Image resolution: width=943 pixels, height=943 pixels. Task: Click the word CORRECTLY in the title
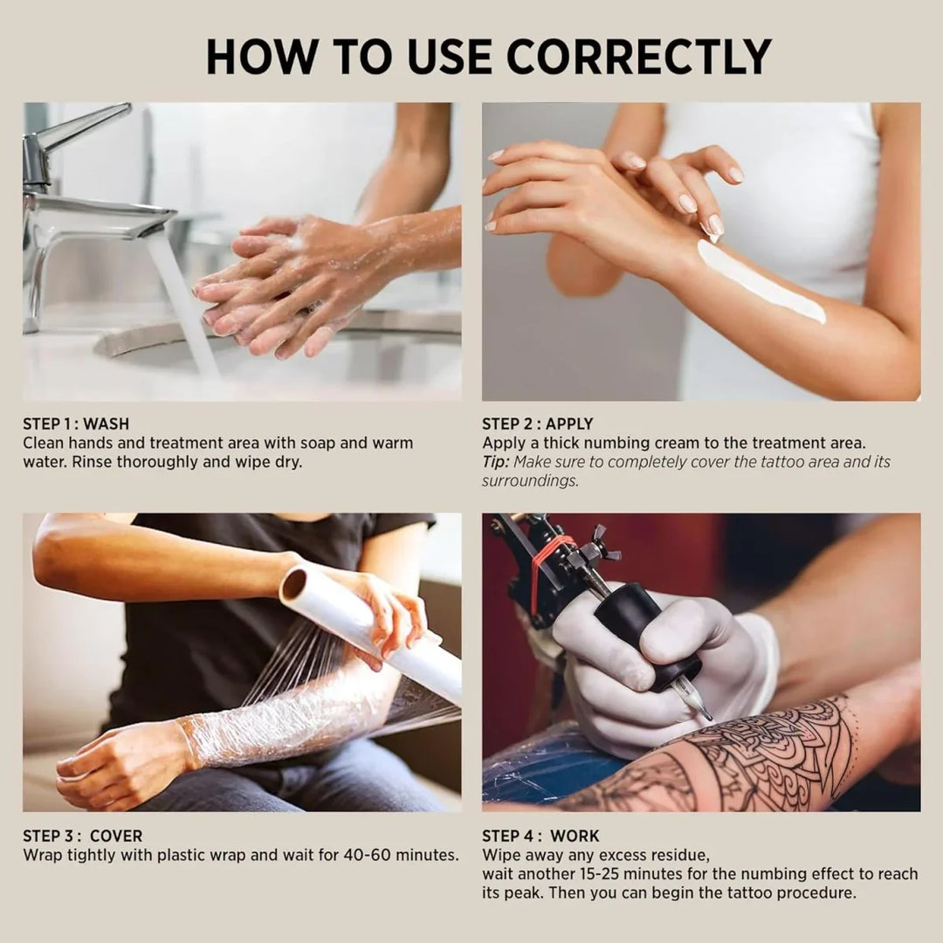638,56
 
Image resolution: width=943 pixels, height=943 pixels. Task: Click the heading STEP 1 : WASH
76,424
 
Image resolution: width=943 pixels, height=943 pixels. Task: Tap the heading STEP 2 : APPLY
537,424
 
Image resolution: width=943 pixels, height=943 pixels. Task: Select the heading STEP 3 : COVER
82,836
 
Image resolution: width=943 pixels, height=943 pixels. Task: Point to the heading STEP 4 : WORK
540,836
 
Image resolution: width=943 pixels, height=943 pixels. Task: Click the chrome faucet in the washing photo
79,201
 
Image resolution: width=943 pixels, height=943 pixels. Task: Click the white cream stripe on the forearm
760,281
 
